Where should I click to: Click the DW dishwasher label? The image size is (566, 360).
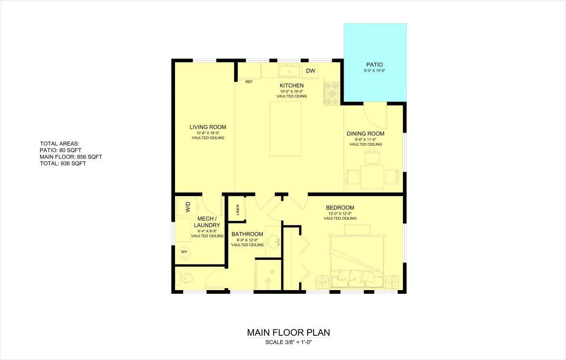[x=310, y=71]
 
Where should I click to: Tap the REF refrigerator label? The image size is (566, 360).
[x=249, y=82]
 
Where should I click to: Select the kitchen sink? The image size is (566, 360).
[x=289, y=70]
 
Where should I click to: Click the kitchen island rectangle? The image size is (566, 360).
[x=285, y=129]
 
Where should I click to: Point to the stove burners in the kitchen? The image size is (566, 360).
[x=332, y=93]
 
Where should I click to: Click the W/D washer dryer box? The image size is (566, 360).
[x=187, y=207]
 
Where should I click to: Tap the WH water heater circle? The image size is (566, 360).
[x=184, y=254]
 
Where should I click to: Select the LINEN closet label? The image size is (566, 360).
[x=238, y=210]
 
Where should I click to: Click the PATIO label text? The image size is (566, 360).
[x=374, y=65]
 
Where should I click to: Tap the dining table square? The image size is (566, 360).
[x=372, y=177]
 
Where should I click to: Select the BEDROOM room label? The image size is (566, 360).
[x=340, y=208]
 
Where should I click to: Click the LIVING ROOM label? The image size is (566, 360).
[x=208, y=127]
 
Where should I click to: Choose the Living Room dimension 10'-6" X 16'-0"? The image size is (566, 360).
[x=208, y=133]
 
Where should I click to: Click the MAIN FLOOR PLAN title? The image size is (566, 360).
[x=289, y=333]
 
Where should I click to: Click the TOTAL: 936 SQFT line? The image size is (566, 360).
[x=63, y=163]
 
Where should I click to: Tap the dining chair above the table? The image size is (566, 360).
[x=372, y=157]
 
